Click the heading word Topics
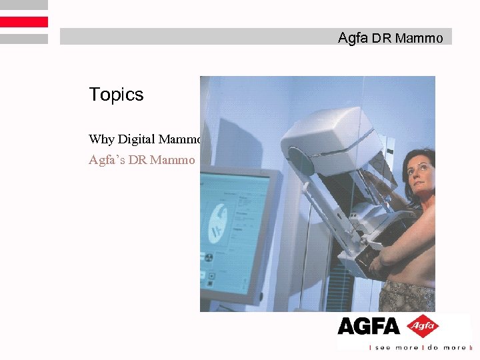(116, 95)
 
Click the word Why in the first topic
(101, 139)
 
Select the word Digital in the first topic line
(136, 139)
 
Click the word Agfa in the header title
(353, 38)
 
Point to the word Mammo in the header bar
(419, 39)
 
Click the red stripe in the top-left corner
(24, 22)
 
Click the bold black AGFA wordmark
(368, 326)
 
